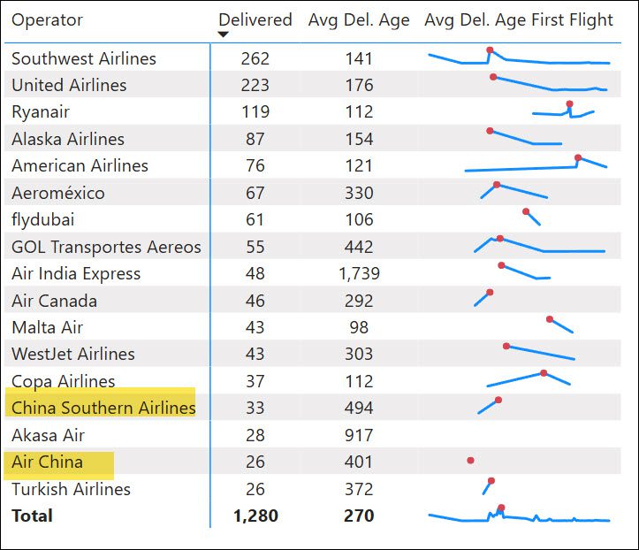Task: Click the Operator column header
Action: tap(47, 20)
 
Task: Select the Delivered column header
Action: tap(255, 20)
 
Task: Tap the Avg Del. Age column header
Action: tap(359, 20)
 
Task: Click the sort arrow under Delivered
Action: tap(224, 34)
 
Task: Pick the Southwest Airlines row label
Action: tap(84, 58)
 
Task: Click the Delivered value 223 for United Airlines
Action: tap(255, 85)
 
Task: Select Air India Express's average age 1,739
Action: tap(359, 273)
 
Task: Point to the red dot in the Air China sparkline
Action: tap(470, 461)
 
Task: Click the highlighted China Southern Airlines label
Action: tap(103, 408)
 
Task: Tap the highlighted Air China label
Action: tap(48, 462)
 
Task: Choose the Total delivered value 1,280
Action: tap(255, 516)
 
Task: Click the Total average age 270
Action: tap(359, 516)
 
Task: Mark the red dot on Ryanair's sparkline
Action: tap(569, 104)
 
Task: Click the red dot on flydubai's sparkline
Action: tap(526, 211)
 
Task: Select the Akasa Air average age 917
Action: tap(359, 435)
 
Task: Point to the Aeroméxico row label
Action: tap(58, 193)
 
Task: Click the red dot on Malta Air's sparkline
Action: tap(550, 319)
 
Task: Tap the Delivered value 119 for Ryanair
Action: tap(255, 112)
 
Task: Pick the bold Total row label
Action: tap(32, 516)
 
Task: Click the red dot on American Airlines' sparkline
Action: tap(578, 158)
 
